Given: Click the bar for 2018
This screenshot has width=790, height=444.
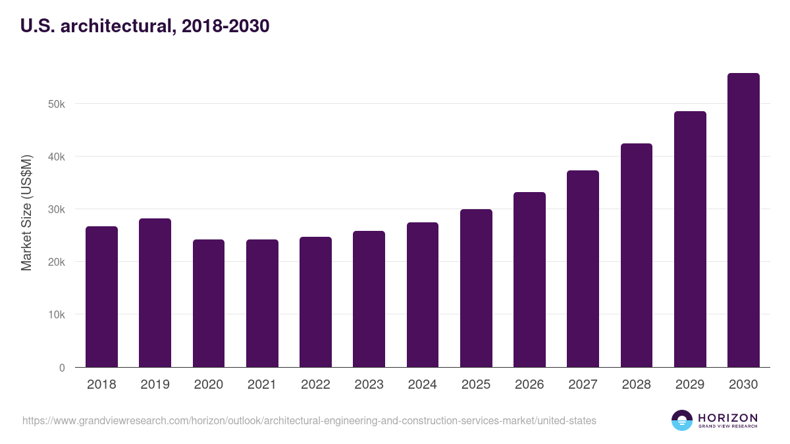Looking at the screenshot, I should coord(101,297).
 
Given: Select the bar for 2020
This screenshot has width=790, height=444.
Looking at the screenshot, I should coord(209,303).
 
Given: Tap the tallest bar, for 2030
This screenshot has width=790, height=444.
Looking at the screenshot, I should coord(743,220).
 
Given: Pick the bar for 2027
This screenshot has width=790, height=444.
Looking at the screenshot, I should coord(583,269).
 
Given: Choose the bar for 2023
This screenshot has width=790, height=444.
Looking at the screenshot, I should coord(369,299).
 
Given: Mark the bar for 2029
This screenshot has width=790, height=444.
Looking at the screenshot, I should coord(690,239).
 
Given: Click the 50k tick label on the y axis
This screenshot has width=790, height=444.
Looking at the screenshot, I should coord(57,104).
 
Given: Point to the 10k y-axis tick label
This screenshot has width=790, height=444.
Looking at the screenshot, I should coord(57,314).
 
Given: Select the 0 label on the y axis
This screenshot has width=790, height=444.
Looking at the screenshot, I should coord(62,368).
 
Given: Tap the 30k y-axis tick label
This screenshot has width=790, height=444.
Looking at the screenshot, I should coord(57,209).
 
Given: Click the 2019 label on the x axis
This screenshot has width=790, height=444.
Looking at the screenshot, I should coord(155,385).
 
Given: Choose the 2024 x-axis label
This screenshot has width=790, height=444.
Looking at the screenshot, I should coord(422,385).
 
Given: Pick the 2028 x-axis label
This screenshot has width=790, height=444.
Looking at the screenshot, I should coord(636,385).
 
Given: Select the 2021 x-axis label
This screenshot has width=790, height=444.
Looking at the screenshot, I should coord(262,385).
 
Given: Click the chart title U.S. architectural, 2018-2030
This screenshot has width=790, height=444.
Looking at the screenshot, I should coord(145,26).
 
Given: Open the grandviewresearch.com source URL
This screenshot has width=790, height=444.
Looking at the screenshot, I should coord(309,420).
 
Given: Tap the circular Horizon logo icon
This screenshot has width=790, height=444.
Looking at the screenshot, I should coord(682,420).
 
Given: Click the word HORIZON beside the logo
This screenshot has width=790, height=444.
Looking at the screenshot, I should coord(727,418).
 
